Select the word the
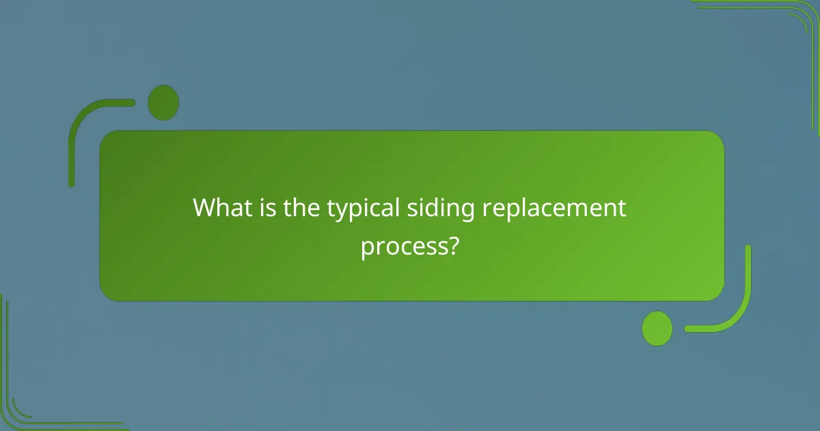pos(303,207)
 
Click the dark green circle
pos(163,103)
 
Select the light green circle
pos(657,328)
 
